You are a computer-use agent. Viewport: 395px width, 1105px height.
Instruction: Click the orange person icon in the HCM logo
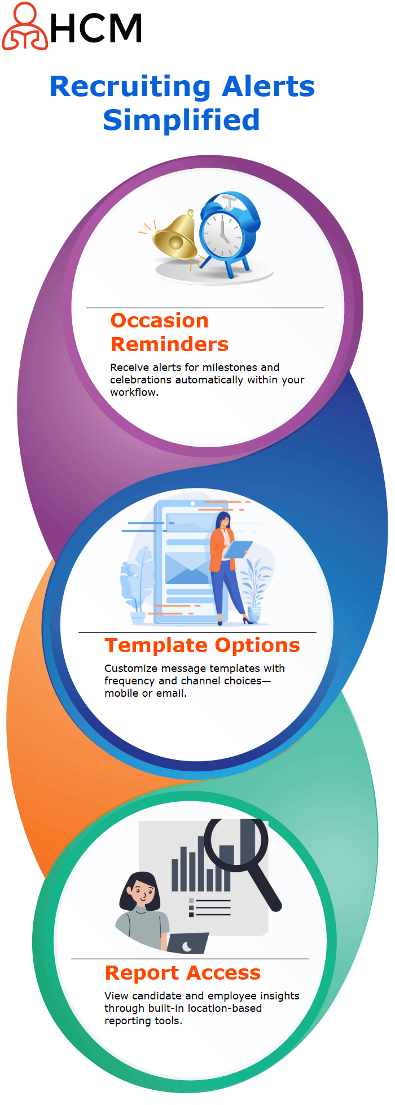pos(25,26)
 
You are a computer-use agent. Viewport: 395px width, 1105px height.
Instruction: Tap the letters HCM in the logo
pos(96,29)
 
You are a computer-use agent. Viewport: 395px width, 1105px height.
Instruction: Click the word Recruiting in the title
pos(130,87)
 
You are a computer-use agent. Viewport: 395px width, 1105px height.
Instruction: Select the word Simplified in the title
pos(181,120)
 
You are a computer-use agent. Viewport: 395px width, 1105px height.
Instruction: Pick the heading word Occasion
pos(160,320)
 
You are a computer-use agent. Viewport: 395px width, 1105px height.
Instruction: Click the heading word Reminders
pos(169,344)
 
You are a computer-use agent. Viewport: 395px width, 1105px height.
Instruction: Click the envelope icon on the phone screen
pos(187,568)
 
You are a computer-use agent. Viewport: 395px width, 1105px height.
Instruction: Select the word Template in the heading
pos(156,645)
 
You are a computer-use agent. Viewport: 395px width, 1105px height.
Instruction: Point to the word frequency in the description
pos(130,681)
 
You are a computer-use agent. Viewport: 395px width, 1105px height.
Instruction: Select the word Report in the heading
pos(142,973)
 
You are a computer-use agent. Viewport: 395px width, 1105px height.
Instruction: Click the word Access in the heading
pos(223,973)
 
